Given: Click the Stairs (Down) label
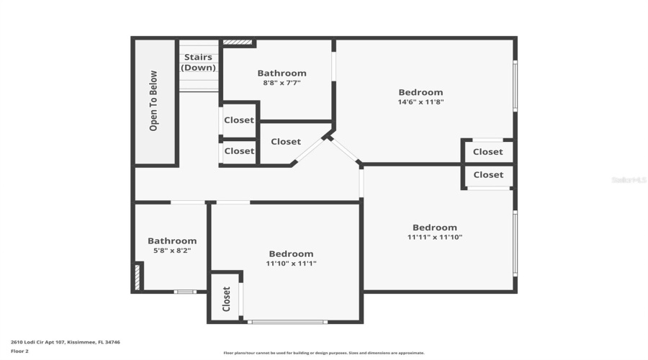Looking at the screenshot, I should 199,63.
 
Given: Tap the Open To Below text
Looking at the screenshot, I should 153,100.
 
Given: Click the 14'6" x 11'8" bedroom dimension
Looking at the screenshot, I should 421,102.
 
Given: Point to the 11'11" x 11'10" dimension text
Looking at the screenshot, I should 435,237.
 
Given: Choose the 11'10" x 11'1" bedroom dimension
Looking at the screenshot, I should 292,264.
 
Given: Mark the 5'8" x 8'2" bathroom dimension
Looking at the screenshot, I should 172,251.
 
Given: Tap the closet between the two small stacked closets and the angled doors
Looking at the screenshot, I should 286,142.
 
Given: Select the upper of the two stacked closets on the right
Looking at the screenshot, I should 488,152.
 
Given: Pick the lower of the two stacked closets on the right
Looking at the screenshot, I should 489,175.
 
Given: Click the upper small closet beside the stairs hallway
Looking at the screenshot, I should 239,120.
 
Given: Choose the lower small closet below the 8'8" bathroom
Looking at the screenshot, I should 239,151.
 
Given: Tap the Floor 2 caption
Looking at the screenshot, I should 19,351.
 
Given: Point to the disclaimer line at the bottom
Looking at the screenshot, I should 324,353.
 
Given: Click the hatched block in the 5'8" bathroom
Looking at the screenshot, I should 138,277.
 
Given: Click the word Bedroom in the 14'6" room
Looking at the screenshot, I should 421,92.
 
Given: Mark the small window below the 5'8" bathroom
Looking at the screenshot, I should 185,292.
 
